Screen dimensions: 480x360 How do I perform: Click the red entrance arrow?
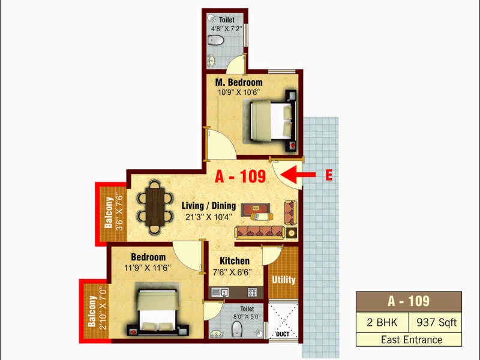pos(298,175)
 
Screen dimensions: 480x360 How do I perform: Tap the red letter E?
pos(329,175)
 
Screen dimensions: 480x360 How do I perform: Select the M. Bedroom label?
pos(239,82)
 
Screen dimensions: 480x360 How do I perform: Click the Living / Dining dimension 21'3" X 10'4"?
pos(208,217)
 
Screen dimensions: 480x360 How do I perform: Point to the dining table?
pos(155,207)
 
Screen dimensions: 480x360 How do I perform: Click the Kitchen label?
pos(235,261)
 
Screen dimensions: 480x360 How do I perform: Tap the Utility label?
pos(283,280)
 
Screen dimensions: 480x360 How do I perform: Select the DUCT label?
pos(283,334)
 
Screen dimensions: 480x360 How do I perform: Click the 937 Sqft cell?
pos(436,322)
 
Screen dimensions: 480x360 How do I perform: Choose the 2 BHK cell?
pos(382,322)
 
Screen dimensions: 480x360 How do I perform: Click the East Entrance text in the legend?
pos(412,340)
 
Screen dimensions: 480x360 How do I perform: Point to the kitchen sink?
pos(220,292)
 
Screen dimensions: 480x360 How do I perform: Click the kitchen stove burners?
pos(252,293)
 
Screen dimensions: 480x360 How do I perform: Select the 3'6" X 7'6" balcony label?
pos(119,211)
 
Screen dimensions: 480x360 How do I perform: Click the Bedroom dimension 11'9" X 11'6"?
pos(147,268)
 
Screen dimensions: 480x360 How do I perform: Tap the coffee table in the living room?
pos(256,209)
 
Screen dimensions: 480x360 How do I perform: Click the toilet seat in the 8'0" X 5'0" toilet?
pos(237,328)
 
